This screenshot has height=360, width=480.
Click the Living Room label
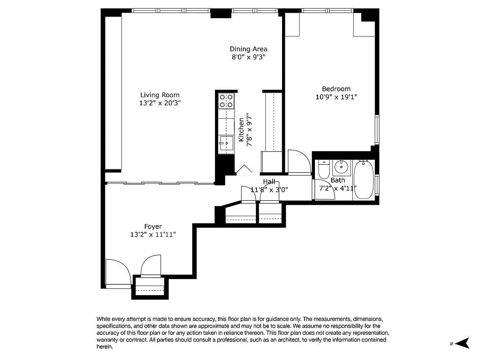point(160,95)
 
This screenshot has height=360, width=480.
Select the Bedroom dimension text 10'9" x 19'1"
point(336,97)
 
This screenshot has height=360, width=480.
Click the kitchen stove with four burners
point(226,101)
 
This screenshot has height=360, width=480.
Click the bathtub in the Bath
point(363,180)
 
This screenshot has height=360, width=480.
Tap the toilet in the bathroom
point(323,169)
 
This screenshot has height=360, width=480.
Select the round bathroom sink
point(342,167)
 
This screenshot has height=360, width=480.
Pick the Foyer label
point(153,226)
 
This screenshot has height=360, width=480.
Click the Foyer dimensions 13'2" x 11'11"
point(153,234)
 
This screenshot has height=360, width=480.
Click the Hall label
point(269,181)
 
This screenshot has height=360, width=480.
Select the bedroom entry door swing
point(299,162)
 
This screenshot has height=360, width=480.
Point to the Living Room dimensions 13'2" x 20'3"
point(160,103)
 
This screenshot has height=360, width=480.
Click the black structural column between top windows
point(220,13)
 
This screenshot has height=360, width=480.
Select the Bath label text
point(338,180)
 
